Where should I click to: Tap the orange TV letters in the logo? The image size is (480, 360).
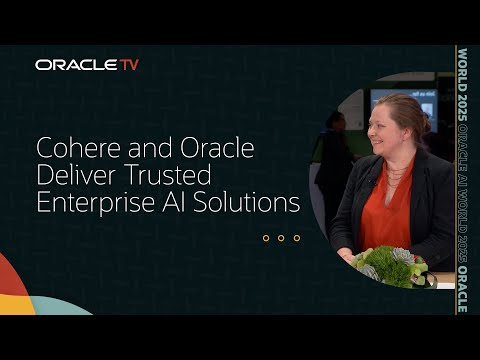(129, 65)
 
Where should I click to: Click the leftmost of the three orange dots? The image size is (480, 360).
(266, 238)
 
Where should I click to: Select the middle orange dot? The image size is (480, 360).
(281, 238)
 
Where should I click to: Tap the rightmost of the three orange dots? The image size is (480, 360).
(296, 238)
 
